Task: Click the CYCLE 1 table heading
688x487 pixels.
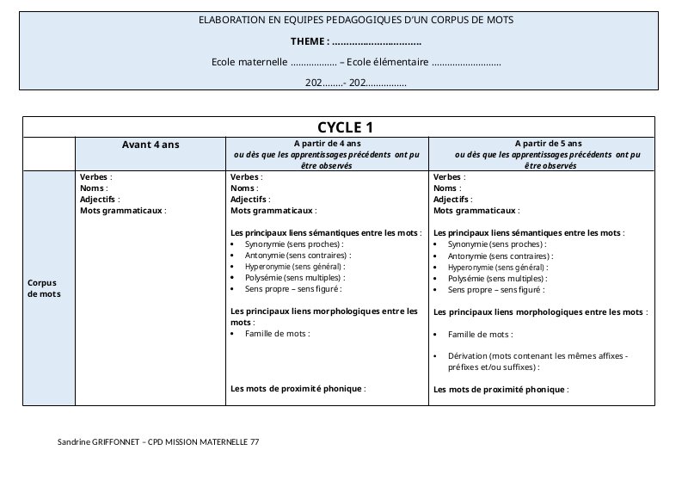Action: click(x=339, y=127)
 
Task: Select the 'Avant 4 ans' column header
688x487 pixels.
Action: click(x=150, y=145)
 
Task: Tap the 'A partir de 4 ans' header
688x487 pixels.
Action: click(x=327, y=144)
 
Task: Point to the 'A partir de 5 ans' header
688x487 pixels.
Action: click(x=548, y=144)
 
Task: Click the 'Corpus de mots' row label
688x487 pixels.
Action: click(x=43, y=287)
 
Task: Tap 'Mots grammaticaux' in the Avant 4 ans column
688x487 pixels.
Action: click(x=121, y=210)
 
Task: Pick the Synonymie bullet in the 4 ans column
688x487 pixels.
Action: click(x=293, y=244)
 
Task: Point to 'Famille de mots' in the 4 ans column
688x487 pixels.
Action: click(x=277, y=333)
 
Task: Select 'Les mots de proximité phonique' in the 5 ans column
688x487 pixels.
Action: click(x=499, y=390)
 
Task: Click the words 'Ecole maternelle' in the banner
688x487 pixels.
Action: click(x=249, y=62)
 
